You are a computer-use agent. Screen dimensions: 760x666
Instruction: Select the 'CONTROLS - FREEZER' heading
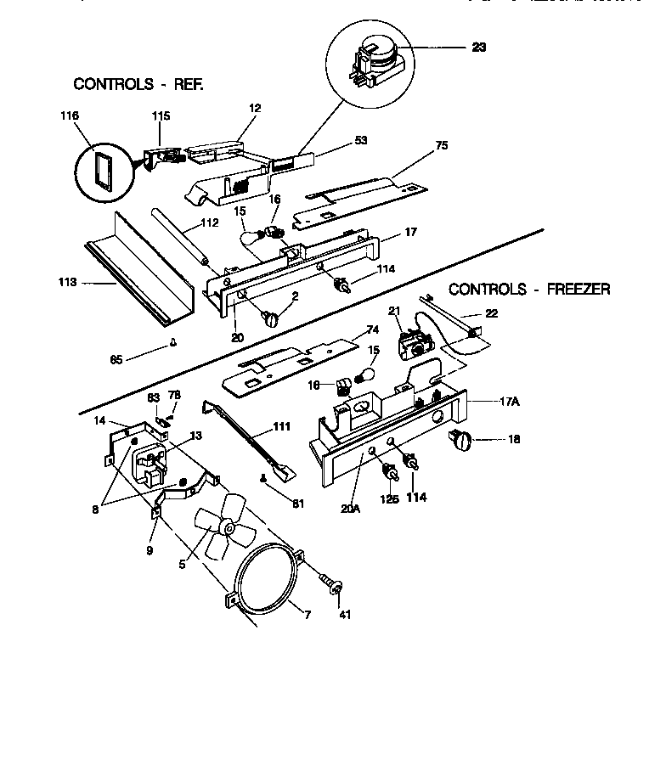[x=528, y=289]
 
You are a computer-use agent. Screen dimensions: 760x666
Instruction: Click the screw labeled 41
[x=333, y=584]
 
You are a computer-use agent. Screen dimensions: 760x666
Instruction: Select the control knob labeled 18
[x=460, y=438]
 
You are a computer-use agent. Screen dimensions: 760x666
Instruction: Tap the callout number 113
[x=68, y=282]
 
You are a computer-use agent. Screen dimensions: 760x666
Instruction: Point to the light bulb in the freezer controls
[x=370, y=374]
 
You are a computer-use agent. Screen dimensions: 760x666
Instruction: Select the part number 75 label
[x=441, y=145]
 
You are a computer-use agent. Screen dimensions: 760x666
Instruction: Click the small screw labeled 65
[x=173, y=343]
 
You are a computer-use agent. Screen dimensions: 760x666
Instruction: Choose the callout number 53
[x=361, y=140]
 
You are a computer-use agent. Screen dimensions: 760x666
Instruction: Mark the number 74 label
[x=371, y=329]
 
